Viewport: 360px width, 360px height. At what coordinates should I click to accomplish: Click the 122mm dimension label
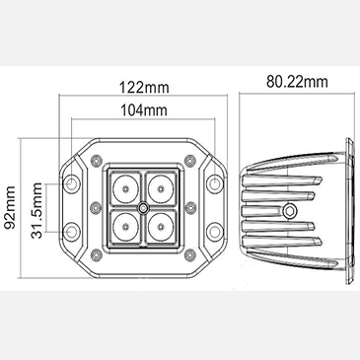[x=144, y=88]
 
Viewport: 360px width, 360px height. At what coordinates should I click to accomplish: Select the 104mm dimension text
[x=144, y=110]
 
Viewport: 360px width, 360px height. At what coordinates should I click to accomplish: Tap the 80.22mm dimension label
[x=297, y=82]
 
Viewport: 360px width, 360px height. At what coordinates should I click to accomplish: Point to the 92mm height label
[x=10, y=207]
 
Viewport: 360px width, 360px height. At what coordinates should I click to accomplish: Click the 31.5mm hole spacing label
[x=36, y=211]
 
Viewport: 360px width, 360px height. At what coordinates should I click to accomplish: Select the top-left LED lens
[x=125, y=188]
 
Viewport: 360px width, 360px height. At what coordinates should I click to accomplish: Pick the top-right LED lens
[x=161, y=188]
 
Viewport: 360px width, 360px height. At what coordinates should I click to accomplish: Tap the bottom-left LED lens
[x=125, y=227]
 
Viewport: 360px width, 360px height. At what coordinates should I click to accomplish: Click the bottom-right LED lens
[x=161, y=227]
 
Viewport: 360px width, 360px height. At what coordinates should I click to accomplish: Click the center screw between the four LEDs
[x=143, y=208]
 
